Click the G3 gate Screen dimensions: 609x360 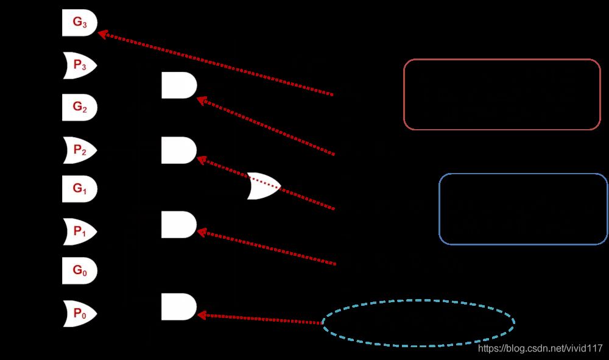[80, 23]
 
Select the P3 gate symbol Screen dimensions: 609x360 [80, 66]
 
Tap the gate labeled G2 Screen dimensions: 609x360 [80, 107]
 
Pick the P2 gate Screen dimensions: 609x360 [80, 150]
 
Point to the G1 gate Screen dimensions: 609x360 [80, 189]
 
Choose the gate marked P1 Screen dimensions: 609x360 [80, 232]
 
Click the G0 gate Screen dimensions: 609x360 [80, 270]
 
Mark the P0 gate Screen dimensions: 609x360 [80, 313]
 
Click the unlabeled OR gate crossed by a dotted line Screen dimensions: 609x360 [264, 186]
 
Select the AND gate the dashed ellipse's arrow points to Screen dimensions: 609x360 [179, 307]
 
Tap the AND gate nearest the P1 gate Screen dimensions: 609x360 [179, 224]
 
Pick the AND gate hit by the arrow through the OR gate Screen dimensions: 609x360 [179, 150]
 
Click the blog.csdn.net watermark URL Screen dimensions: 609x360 [540, 348]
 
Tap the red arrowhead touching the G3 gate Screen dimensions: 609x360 [102, 35]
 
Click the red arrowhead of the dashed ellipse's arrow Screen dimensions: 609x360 [202, 316]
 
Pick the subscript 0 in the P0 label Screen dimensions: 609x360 [84, 316]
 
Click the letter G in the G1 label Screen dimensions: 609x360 [77, 188]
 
